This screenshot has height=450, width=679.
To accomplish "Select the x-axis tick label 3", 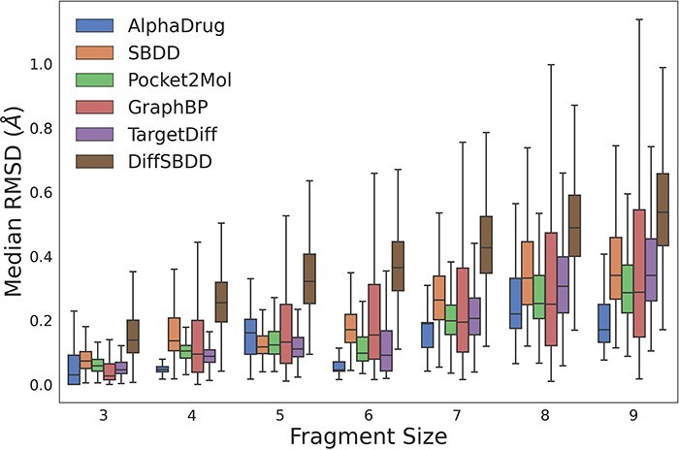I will point(102,415).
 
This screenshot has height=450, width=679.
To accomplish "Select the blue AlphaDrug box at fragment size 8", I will point(515,303).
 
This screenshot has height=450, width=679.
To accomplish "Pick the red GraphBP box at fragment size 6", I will point(374,322).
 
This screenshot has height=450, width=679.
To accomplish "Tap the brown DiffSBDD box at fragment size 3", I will point(133,336).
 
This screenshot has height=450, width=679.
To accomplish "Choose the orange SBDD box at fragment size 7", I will point(438,298).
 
